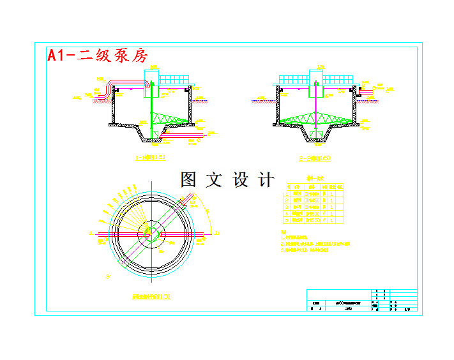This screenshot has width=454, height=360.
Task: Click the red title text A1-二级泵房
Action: tap(98, 56)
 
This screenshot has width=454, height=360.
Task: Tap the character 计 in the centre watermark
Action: tap(266, 180)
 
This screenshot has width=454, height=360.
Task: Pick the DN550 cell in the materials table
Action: tap(312, 220)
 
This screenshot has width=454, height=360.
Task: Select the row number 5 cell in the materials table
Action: tap(287, 220)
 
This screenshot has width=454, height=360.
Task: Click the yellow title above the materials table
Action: tap(315, 179)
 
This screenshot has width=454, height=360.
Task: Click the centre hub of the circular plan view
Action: tap(152, 232)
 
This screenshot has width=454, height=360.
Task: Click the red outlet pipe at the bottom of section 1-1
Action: tap(185, 135)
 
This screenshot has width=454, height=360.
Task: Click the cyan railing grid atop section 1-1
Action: tap(174, 80)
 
